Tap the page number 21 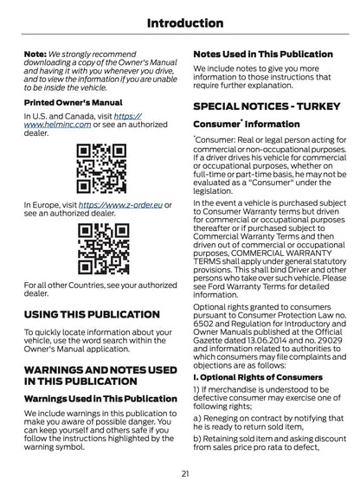pyautogui.click(x=185, y=472)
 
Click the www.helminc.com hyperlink pyautogui.click(x=55, y=125)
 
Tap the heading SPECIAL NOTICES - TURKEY pyautogui.click(x=266, y=106)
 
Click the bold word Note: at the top pyautogui.click(x=35, y=53)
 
